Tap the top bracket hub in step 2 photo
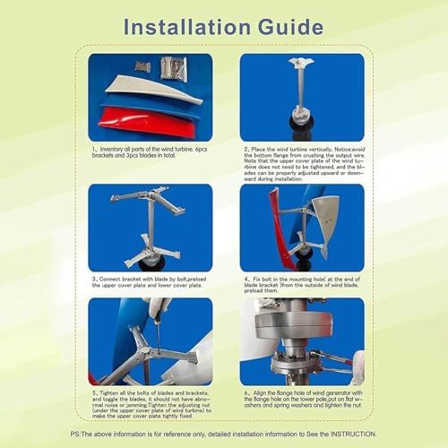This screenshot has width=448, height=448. [300, 63]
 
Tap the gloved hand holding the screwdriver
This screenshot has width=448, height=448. [159, 309]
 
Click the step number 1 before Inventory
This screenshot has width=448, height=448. [94, 149]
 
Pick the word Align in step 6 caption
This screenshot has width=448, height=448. [263, 393]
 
